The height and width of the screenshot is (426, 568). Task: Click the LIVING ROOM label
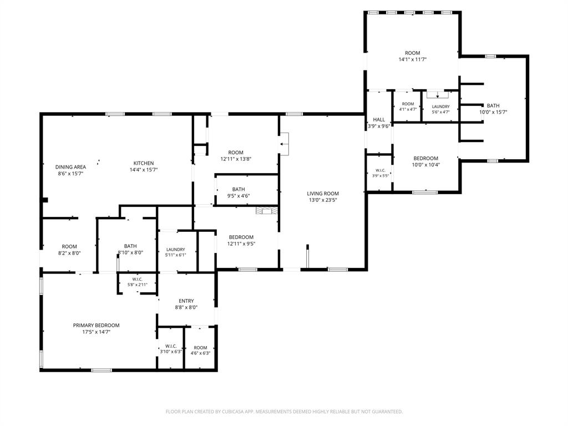tap(323, 194)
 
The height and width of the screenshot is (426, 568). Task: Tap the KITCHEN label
tap(144, 164)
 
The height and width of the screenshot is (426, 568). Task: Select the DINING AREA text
tap(70, 167)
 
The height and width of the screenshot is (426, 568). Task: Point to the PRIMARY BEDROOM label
tap(97, 325)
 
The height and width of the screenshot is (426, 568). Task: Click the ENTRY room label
tap(186, 301)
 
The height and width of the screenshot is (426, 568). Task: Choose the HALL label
tap(379, 120)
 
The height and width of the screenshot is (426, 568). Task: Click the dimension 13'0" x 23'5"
tap(323, 200)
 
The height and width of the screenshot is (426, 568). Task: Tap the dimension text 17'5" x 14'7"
tap(97, 332)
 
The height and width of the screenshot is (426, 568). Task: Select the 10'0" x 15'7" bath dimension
tap(493, 112)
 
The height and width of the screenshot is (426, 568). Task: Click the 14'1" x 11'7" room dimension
tap(413, 59)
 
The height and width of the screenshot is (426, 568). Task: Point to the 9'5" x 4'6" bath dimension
tap(239, 196)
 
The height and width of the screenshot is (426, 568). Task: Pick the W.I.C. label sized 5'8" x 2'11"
tap(138, 280)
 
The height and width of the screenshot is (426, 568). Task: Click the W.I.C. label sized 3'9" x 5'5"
tap(381, 170)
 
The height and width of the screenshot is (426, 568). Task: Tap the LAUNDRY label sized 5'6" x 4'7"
tap(441, 106)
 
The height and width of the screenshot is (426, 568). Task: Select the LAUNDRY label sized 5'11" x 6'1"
tap(176, 250)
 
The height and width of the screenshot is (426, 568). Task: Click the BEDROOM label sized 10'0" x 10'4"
tap(426, 158)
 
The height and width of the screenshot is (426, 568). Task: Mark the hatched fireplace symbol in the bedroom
tap(267, 211)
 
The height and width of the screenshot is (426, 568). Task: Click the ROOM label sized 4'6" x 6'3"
tap(200, 348)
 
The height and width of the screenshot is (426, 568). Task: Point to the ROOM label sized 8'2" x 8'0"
tap(69, 247)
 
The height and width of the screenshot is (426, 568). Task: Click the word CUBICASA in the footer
tap(244, 412)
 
